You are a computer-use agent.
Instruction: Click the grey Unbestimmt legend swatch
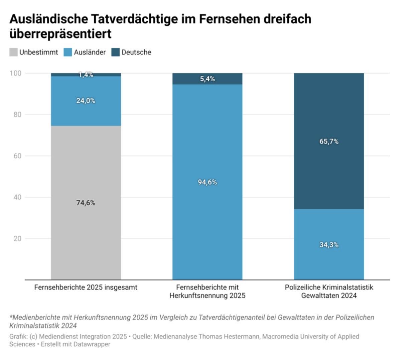(x=13, y=53)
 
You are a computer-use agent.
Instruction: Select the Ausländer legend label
(x=90, y=53)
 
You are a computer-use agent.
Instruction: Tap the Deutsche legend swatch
(x=116, y=53)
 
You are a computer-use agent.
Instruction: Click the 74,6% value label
(x=86, y=203)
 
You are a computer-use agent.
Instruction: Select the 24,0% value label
(x=86, y=101)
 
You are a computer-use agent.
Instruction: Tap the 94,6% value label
(x=207, y=182)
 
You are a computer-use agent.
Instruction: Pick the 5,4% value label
(x=207, y=79)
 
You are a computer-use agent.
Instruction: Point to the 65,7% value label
(x=329, y=142)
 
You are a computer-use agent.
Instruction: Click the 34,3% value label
(x=329, y=245)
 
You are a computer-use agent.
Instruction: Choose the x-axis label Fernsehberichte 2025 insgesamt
(x=86, y=287)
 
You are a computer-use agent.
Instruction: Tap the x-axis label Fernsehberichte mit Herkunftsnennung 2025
(x=207, y=291)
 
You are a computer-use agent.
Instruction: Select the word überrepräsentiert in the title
(x=60, y=34)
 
